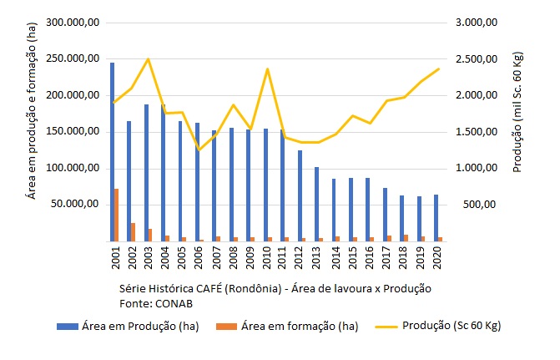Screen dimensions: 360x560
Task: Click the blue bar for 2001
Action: [x=112, y=151]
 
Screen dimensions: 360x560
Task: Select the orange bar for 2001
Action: [x=117, y=215]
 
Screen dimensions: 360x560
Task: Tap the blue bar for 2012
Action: [x=300, y=195]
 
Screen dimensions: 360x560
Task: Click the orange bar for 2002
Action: [x=134, y=231]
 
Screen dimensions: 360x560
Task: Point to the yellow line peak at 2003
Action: [x=148, y=59]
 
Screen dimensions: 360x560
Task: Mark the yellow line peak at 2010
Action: [x=267, y=68]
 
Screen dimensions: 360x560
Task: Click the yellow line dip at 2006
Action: [x=199, y=150]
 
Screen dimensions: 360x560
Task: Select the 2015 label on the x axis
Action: [x=352, y=258]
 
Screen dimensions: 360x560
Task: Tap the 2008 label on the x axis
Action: [x=234, y=258]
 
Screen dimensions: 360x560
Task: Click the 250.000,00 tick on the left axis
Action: [x=69, y=59]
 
